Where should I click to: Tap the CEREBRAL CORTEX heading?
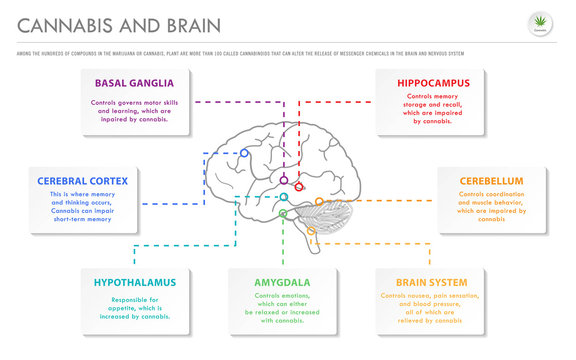(83, 181)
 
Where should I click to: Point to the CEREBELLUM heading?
(492, 181)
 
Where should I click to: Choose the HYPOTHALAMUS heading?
(135, 282)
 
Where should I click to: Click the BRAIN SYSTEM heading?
(430, 282)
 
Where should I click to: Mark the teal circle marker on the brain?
(284, 197)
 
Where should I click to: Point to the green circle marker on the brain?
(283, 213)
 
